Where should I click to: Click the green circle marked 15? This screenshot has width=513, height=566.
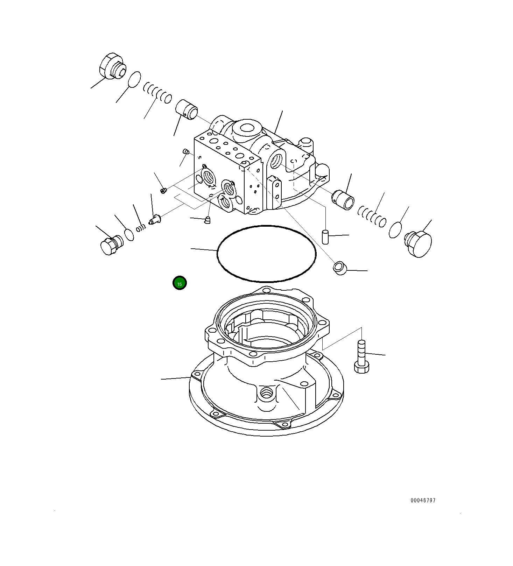pos(180,283)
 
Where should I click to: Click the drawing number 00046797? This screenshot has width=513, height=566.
pos(423,500)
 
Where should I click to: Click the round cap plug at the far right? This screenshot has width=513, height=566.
pos(419,244)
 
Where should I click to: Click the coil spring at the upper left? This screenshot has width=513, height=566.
pos(157,93)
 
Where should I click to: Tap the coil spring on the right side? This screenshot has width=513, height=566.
pos(372,217)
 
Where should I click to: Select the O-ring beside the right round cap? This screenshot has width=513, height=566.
pos(395,230)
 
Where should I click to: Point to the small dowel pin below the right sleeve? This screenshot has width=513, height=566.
pos(325,237)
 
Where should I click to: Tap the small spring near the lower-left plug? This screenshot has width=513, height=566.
pos(141,228)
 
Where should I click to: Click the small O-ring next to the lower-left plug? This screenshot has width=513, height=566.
pos(129,235)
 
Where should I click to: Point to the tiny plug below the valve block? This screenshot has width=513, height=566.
pos(208,219)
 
